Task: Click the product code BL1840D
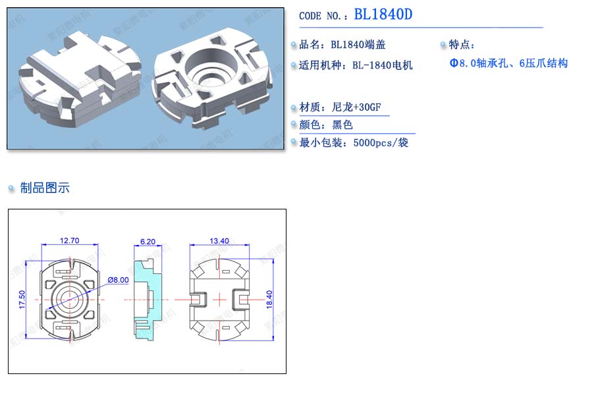(383, 14)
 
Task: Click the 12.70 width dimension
(69, 240)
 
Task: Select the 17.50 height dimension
(22, 300)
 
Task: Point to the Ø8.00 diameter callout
(119, 280)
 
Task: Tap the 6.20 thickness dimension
(148, 242)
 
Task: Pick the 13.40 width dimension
(219, 241)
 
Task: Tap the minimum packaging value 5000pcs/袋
(381, 142)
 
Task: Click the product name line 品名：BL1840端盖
(342, 45)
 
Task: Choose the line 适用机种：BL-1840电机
(356, 65)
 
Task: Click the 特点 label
(462, 45)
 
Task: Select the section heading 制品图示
(45, 188)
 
